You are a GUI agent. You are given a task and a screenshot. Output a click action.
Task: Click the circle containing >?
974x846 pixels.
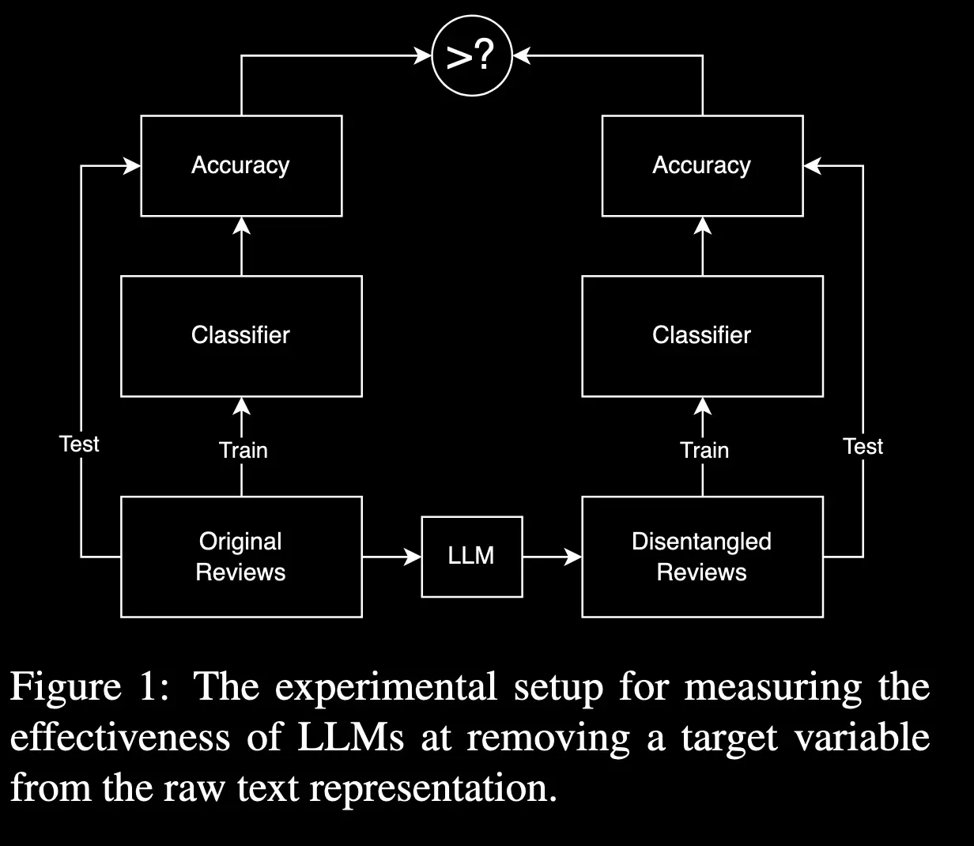[472, 57]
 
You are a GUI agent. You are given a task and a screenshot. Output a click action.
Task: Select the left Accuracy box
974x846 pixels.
[241, 165]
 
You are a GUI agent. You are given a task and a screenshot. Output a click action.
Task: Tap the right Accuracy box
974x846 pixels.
[702, 165]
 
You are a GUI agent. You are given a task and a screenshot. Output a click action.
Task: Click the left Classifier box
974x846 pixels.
[241, 335]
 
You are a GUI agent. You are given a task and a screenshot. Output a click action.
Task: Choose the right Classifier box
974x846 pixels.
[702, 335]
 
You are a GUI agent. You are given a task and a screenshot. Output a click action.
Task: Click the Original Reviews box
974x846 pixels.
[241, 557]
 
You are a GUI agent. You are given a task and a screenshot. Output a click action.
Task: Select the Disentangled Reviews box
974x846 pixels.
[702, 557]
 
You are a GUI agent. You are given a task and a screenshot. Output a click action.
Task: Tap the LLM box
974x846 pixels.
[471, 556]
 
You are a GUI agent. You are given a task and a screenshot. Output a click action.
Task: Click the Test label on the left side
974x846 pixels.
[79, 444]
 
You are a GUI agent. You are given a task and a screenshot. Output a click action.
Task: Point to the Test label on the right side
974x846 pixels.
[863, 447]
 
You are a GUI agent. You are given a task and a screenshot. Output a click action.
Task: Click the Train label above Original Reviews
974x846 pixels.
[243, 451]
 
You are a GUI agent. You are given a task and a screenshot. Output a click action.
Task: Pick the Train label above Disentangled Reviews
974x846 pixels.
[704, 451]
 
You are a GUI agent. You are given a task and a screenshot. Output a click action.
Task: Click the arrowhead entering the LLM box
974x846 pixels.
[413, 557]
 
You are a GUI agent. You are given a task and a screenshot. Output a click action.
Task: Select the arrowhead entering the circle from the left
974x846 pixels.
[424, 55]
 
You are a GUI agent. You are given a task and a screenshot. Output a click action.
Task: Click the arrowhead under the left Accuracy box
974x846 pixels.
[242, 225]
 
